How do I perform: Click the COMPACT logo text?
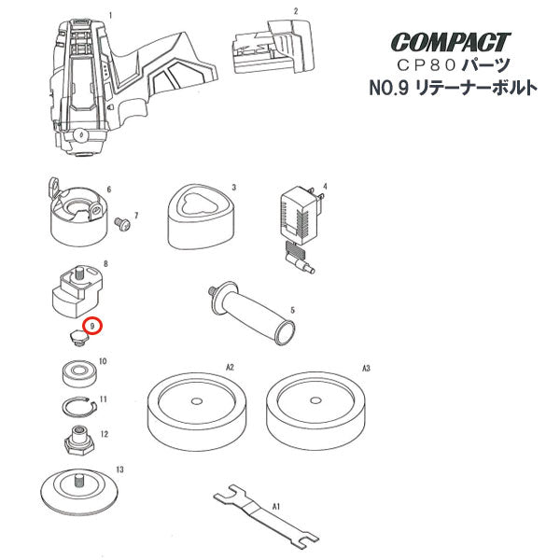pyautogui.click(x=451, y=42)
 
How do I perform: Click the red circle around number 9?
pyautogui.click(x=93, y=327)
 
